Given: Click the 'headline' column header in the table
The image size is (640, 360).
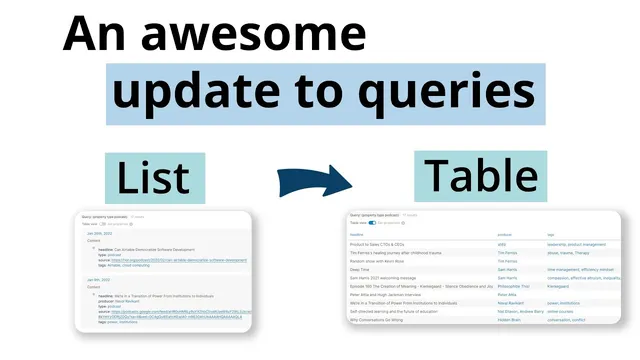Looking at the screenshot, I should pos(357,235).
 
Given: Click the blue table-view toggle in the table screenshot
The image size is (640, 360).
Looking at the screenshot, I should pos(371,222).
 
